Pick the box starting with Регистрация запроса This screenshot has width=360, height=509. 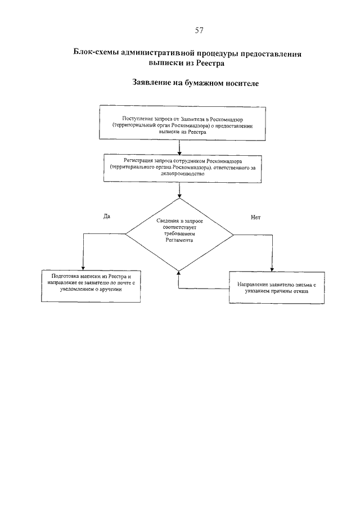pos(179,167)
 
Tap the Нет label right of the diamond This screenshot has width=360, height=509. pos(256,217)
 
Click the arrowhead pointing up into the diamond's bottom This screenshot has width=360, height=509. pos(179,272)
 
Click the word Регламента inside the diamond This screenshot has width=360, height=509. pos(179,244)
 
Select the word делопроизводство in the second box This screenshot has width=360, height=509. pos(180,174)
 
